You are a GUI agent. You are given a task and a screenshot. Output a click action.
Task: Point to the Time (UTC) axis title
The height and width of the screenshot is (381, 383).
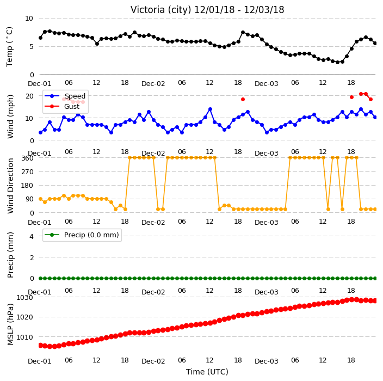pos(207,372)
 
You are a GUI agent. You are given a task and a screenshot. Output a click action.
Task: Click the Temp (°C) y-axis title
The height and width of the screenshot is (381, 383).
pos(9,47)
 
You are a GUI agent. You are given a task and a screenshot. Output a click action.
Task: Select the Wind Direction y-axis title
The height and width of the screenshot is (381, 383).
pos(10,186)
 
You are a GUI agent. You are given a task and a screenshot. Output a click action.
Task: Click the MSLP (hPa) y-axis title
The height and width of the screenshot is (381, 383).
pos(10,324)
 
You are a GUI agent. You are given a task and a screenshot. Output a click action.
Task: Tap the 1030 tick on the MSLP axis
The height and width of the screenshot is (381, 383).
pos(24,297)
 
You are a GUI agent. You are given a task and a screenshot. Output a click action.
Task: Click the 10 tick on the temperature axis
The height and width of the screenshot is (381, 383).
pos(29,19)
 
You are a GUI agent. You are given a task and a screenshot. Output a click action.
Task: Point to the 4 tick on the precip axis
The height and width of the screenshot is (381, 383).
pos(32,236)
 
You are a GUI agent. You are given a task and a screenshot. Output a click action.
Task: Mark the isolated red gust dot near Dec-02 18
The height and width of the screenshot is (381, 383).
pos(243,99)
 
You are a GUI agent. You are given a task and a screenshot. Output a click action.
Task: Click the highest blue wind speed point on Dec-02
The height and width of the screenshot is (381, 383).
pos(210,109)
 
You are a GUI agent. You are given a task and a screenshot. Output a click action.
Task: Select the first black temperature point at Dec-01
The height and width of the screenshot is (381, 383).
pos(41,38)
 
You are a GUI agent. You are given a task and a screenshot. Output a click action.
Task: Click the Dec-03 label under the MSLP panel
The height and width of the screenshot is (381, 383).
pos(266,361)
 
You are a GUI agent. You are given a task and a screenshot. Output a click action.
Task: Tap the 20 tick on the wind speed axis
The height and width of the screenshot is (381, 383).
pos(29,96)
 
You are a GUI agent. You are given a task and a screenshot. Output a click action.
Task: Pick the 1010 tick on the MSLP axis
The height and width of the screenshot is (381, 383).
pos(24,337)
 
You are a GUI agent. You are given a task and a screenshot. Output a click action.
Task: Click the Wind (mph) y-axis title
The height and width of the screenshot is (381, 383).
pos(10,116)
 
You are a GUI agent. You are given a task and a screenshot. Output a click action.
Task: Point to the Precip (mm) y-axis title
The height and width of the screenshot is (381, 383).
pos(10,255)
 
